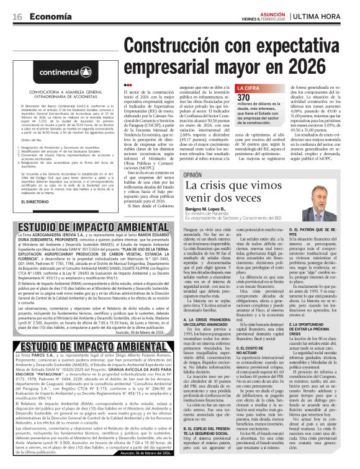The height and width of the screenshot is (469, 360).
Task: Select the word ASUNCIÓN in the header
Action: pyautogui.click(x=268, y=13)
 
